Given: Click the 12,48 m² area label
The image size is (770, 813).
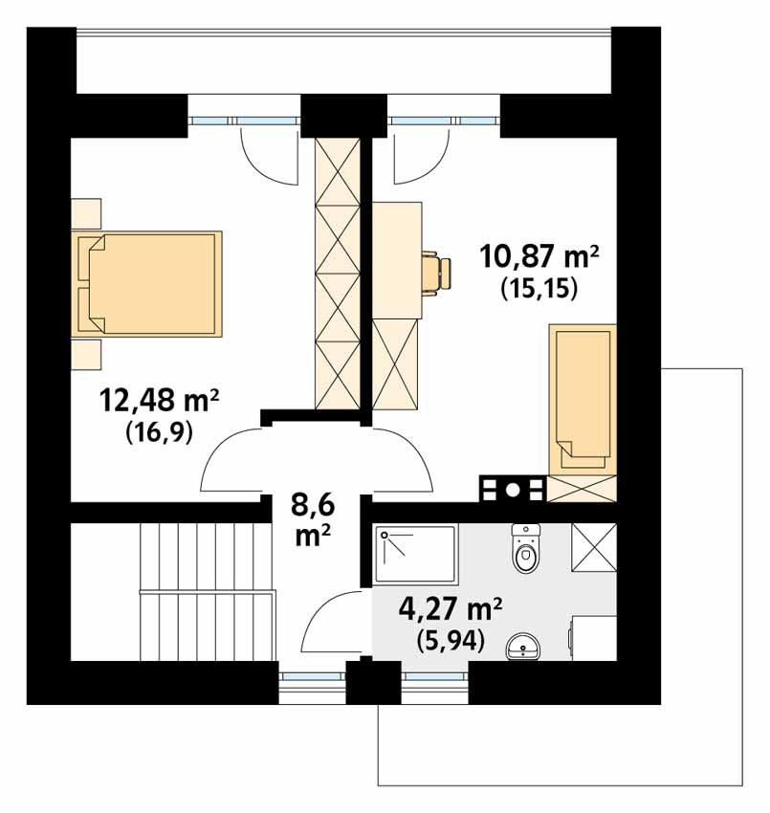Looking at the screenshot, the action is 159,401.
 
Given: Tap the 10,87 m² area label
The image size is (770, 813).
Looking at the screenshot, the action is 539,256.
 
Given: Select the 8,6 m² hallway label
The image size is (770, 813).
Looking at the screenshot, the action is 313,520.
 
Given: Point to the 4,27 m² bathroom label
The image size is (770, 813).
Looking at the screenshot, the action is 451,610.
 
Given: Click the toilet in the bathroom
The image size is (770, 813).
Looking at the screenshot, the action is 526,548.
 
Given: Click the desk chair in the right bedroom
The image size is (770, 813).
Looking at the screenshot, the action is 436,274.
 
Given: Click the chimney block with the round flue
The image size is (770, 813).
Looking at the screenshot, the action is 513,489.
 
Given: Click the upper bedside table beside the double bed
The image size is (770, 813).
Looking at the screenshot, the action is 86,213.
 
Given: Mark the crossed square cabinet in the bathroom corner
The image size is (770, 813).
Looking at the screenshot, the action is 594,547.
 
